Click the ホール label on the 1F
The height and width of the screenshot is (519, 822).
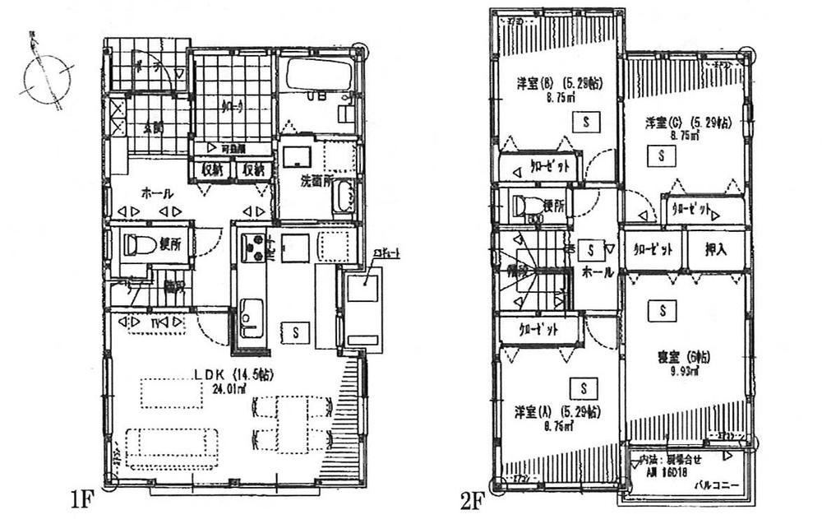point(157,193)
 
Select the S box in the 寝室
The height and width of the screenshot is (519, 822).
point(662,310)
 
